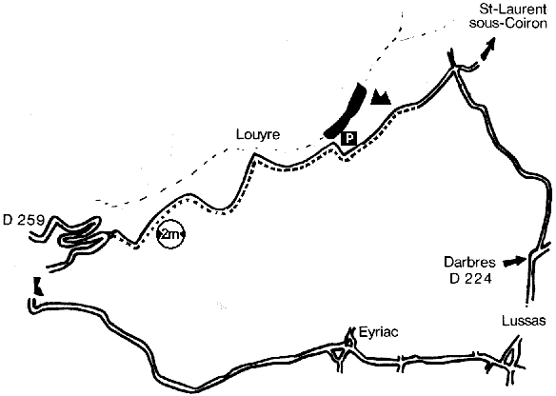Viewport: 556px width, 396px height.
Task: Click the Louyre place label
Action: pos(258,135)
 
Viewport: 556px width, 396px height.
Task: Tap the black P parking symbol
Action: pos(349,138)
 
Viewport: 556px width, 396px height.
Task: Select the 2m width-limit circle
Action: pos(171,234)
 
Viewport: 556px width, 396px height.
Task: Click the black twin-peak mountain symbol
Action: pos(381,97)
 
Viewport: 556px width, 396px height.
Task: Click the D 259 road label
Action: pos(24,220)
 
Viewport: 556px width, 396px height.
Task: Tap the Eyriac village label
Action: pos(378,332)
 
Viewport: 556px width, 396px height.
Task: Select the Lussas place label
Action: pos(524,321)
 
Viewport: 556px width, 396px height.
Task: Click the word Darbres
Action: pos(469,263)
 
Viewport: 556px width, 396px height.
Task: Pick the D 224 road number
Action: pos(471,279)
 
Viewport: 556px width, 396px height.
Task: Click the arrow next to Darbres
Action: pos(514,262)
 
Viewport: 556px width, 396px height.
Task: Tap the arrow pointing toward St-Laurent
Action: pos(487,50)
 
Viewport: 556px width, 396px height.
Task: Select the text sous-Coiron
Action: pos(507,23)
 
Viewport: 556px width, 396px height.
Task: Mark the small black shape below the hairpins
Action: pos(38,287)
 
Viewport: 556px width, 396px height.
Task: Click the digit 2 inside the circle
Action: pos(166,234)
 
